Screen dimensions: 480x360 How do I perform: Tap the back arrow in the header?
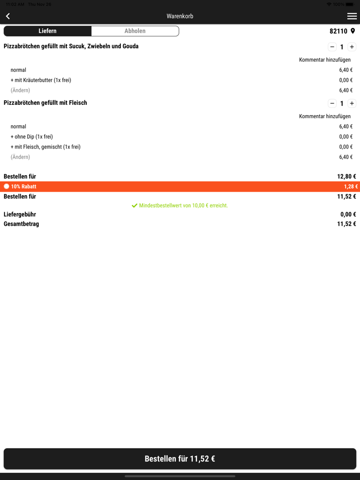point(8,16)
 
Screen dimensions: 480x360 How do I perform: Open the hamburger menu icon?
point(352,16)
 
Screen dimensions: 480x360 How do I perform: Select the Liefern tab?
point(47,31)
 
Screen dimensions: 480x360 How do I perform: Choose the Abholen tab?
point(135,31)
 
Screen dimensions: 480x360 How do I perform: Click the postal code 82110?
point(338,31)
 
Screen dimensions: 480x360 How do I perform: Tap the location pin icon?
point(353,31)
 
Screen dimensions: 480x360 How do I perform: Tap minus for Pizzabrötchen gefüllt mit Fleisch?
point(332,103)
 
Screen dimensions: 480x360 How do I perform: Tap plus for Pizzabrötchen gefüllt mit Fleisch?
point(352,103)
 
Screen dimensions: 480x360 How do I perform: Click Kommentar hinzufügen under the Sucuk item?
point(325,60)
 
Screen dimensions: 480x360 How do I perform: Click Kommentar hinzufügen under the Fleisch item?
point(325,116)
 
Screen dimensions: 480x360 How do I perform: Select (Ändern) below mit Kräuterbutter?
point(21,90)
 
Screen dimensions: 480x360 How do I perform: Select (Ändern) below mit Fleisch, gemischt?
point(21,157)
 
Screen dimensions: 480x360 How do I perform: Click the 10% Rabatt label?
point(24,187)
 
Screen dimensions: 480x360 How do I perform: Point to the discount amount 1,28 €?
point(350,187)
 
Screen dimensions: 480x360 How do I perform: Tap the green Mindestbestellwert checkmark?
point(135,206)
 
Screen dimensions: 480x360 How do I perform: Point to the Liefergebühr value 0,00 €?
point(348,214)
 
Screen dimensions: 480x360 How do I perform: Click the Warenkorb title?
point(180,16)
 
